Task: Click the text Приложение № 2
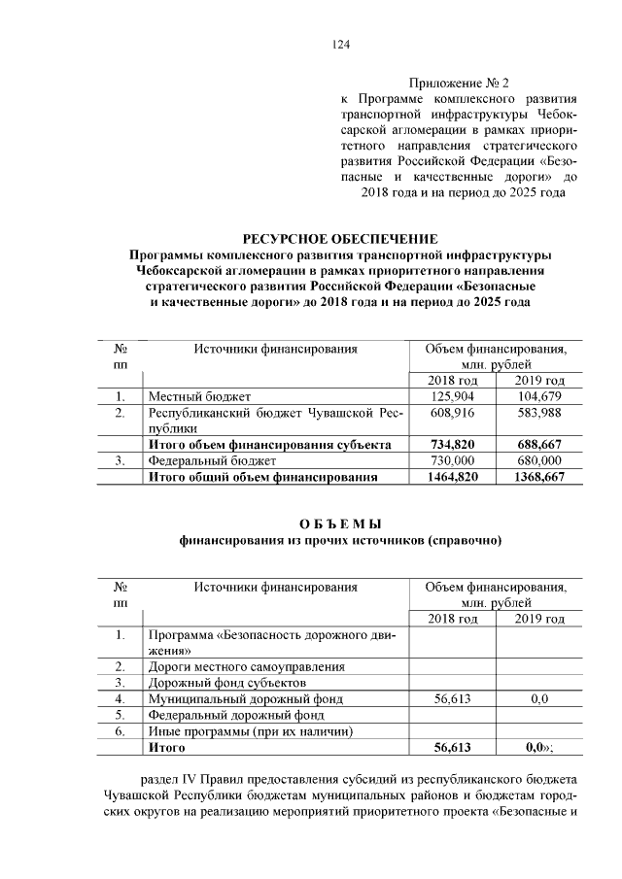tap(460, 83)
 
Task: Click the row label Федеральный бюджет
tap(212, 460)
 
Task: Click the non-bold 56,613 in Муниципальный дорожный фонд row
tap(451, 698)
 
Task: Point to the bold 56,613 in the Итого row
tap(451, 748)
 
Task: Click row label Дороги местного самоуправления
tap(246, 666)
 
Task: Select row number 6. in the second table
tap(120, 731)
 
